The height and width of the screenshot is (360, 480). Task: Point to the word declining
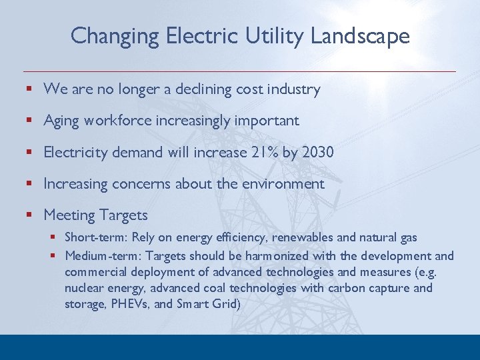coord(204,89)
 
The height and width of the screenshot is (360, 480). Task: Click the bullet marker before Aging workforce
coord(29,121)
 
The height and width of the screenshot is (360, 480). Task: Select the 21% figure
coord(263,152)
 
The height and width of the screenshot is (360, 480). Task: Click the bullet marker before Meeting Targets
coord(29,215)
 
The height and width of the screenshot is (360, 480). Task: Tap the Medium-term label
coord(104,256)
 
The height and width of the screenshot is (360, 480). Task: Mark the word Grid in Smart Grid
coord(225,305)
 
